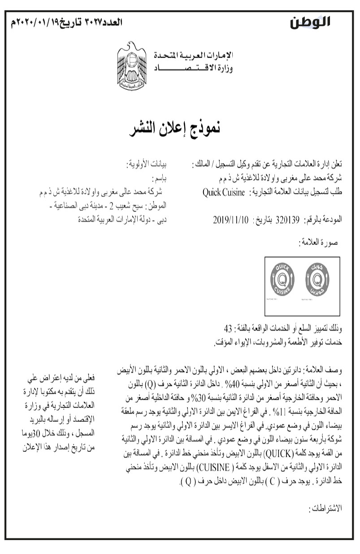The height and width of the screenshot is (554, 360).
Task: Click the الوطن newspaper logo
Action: [x=310, y=21]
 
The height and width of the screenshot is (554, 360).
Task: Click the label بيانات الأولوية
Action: [x=145, y=163]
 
